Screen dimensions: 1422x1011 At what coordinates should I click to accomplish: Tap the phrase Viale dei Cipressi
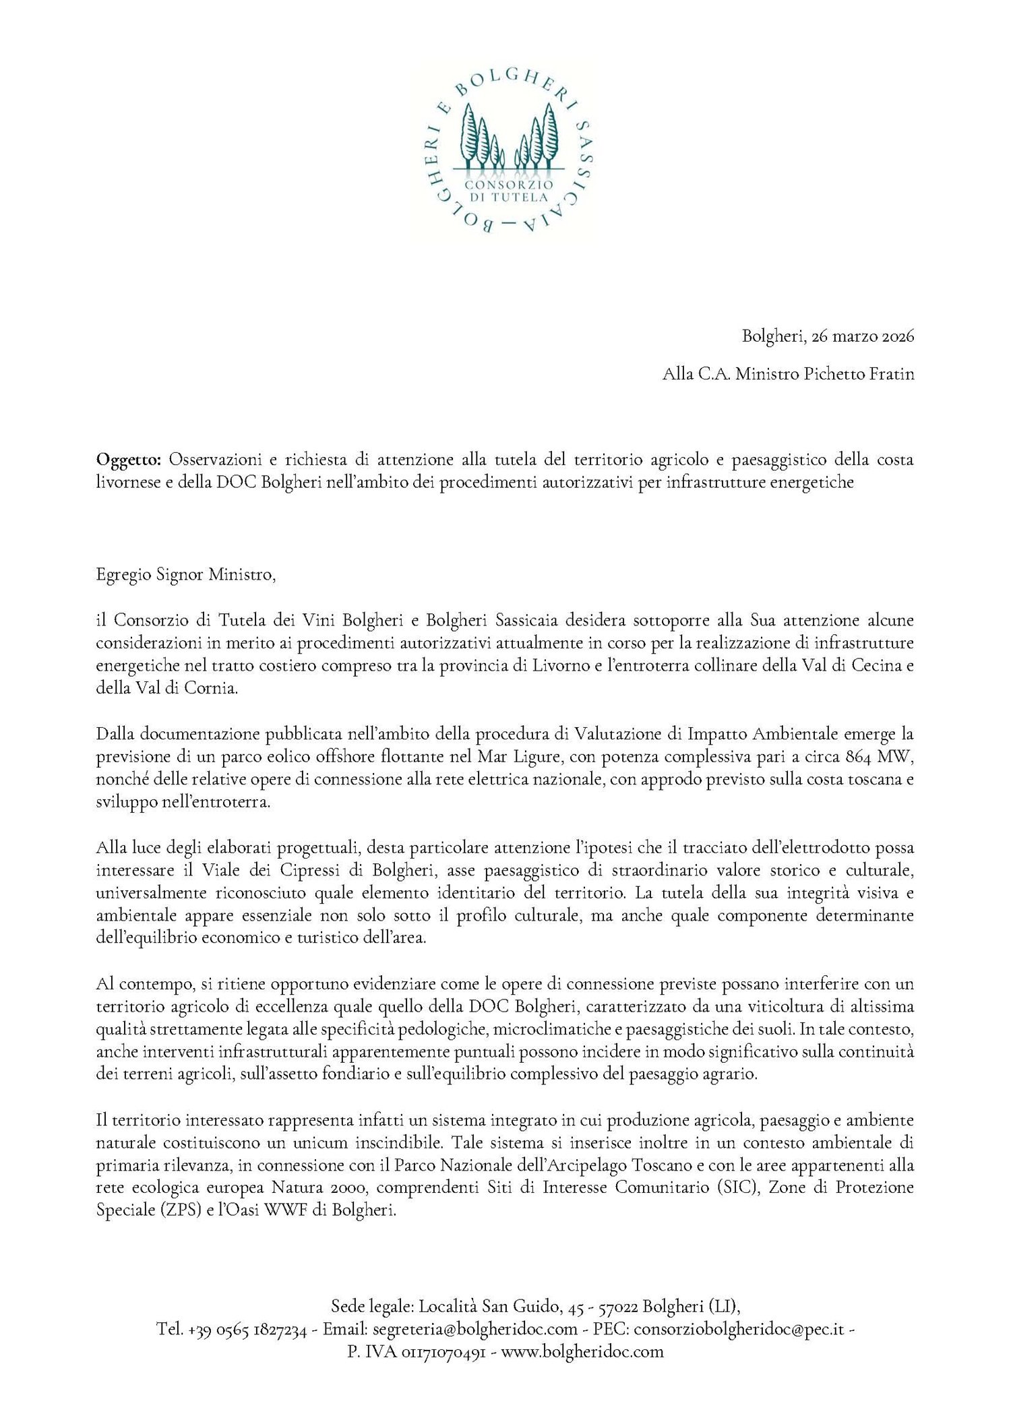pos(256,870)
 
